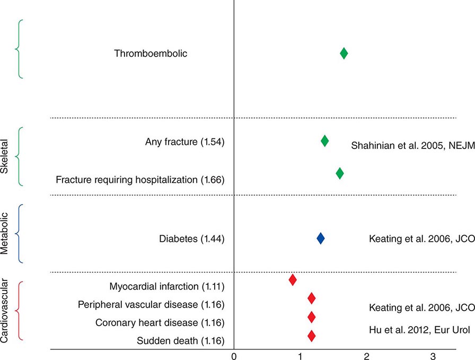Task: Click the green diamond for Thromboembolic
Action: (x=344, y=53)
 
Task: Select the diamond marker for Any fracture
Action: (x=324, y=141)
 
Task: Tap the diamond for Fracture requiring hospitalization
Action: (x=340, y=173)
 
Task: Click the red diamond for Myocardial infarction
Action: (x=293, y=279)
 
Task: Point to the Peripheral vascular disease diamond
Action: (x=311, y=298)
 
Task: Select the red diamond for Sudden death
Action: (x=311, y=336)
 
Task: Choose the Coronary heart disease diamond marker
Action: (x=311, y=317)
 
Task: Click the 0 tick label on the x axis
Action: (x=234, y=354)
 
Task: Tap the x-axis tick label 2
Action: (x=367, y=354)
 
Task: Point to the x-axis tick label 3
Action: (x=433, y=354)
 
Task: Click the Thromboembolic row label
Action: (x=151, y=54)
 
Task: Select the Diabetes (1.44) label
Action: (x=192, y=239)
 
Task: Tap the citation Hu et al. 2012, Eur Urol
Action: (x=419, y=330)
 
